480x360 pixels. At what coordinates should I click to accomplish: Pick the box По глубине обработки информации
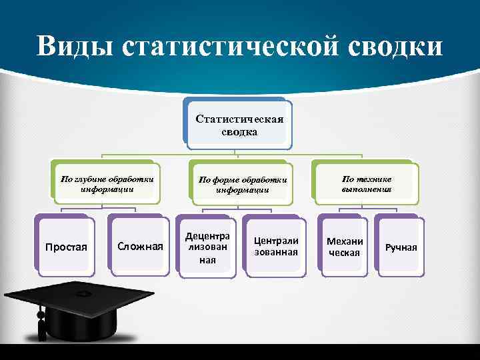pyautogui.click(x=107, y=183)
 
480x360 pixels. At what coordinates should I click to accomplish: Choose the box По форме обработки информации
pyautogui.click(x=242, y=185)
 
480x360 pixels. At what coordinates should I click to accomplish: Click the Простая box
pyautogui.click(x=66, y=247)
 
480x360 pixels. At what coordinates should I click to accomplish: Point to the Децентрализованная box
pyautogui.click(x=207, y=247)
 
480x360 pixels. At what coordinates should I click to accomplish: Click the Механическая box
pyautogui.click(x=345, y=247)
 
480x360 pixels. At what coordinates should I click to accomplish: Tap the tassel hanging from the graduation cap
pyautogui.click(x=42, y=326)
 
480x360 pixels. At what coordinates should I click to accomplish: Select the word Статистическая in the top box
pyautogui.click(x=239, y=119)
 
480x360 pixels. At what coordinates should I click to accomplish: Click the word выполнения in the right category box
pyautogui.click(x=367, y=189)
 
